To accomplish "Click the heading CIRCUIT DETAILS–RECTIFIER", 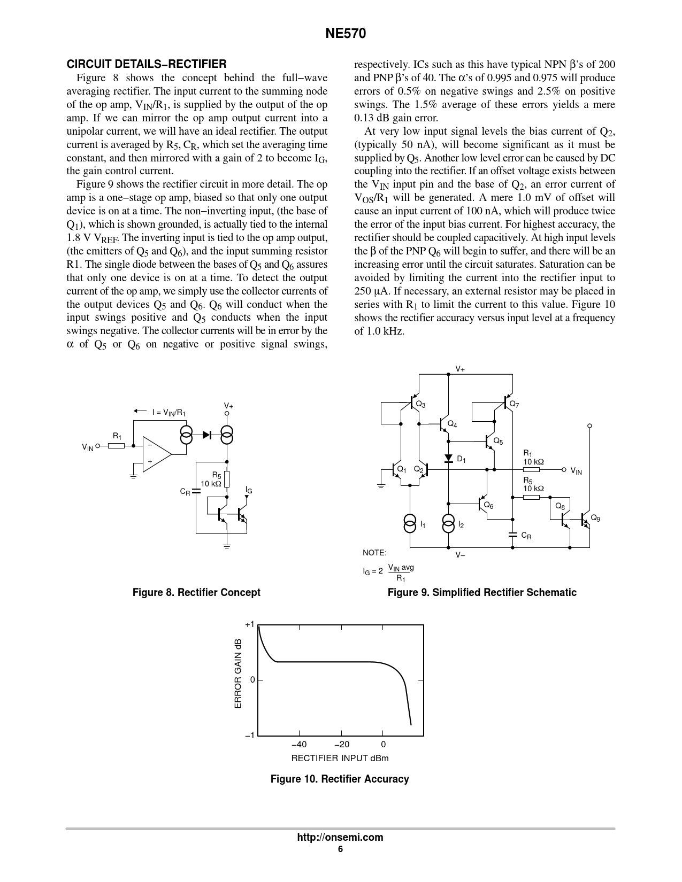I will pyautogui.click(x=146, y=64).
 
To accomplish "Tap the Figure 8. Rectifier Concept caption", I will pyautogui.click(x=196, y=592).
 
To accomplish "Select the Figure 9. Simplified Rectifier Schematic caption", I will pyautogui.click(x=482, y=592).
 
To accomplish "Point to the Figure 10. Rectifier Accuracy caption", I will pyautogui.click(x=340, y=779).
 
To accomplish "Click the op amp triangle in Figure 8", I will pyautogui.click(x=155, y=453).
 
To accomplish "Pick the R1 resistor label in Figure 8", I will pyautogui.click(x=117, y=436).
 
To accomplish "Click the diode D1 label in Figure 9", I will pyautogui.click(x=461, y=459).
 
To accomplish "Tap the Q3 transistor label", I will pyautogui.click(x=421, y=405).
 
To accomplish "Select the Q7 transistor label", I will pyautogui.click(x=514, y=404).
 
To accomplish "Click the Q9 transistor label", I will pyautogui.click(x=595, y=519).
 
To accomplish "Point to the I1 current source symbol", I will pyautogui.click(x=410, y=524).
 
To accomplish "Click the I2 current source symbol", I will pyautogui.click(x=448, y=524).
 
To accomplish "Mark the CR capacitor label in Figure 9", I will pyautogui.click(x=526, y=536).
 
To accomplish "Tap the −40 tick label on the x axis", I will pyautogui.click(x=299, y=744).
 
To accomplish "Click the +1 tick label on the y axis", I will pyautogui.click(x=250, y=624).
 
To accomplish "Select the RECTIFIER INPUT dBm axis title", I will pyautogui.click(x=340, y=758).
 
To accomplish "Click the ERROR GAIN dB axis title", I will pyautogui.click(x=239, y=674).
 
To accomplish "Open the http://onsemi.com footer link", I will pyautogui.click(x=340, y=838).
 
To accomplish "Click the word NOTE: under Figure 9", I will pyautogui.click(x=374, y=553).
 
